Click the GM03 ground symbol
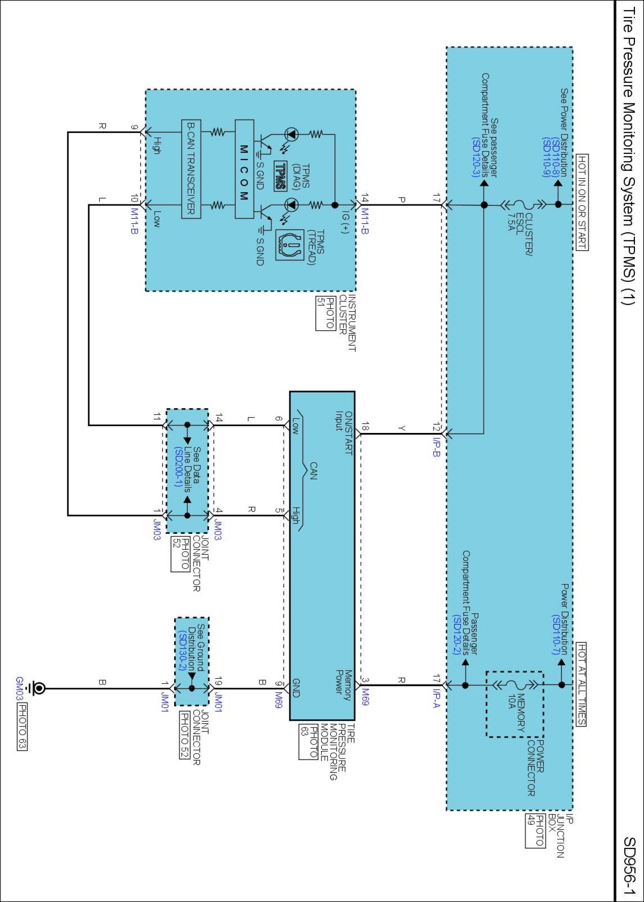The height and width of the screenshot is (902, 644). (37, 688)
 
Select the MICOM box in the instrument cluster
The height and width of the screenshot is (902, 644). (244, 169)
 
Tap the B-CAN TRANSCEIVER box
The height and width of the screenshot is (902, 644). (191, 169)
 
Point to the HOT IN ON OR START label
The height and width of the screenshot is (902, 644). (582, 202)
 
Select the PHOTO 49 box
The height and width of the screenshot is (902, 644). (535, 830)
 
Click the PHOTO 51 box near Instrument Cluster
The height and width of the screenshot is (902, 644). (325, 313)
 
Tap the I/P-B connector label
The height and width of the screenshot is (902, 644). (436, 446)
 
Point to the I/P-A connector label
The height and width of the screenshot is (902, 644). (436, 698)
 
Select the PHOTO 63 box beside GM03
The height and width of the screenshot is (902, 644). (22, 726)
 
